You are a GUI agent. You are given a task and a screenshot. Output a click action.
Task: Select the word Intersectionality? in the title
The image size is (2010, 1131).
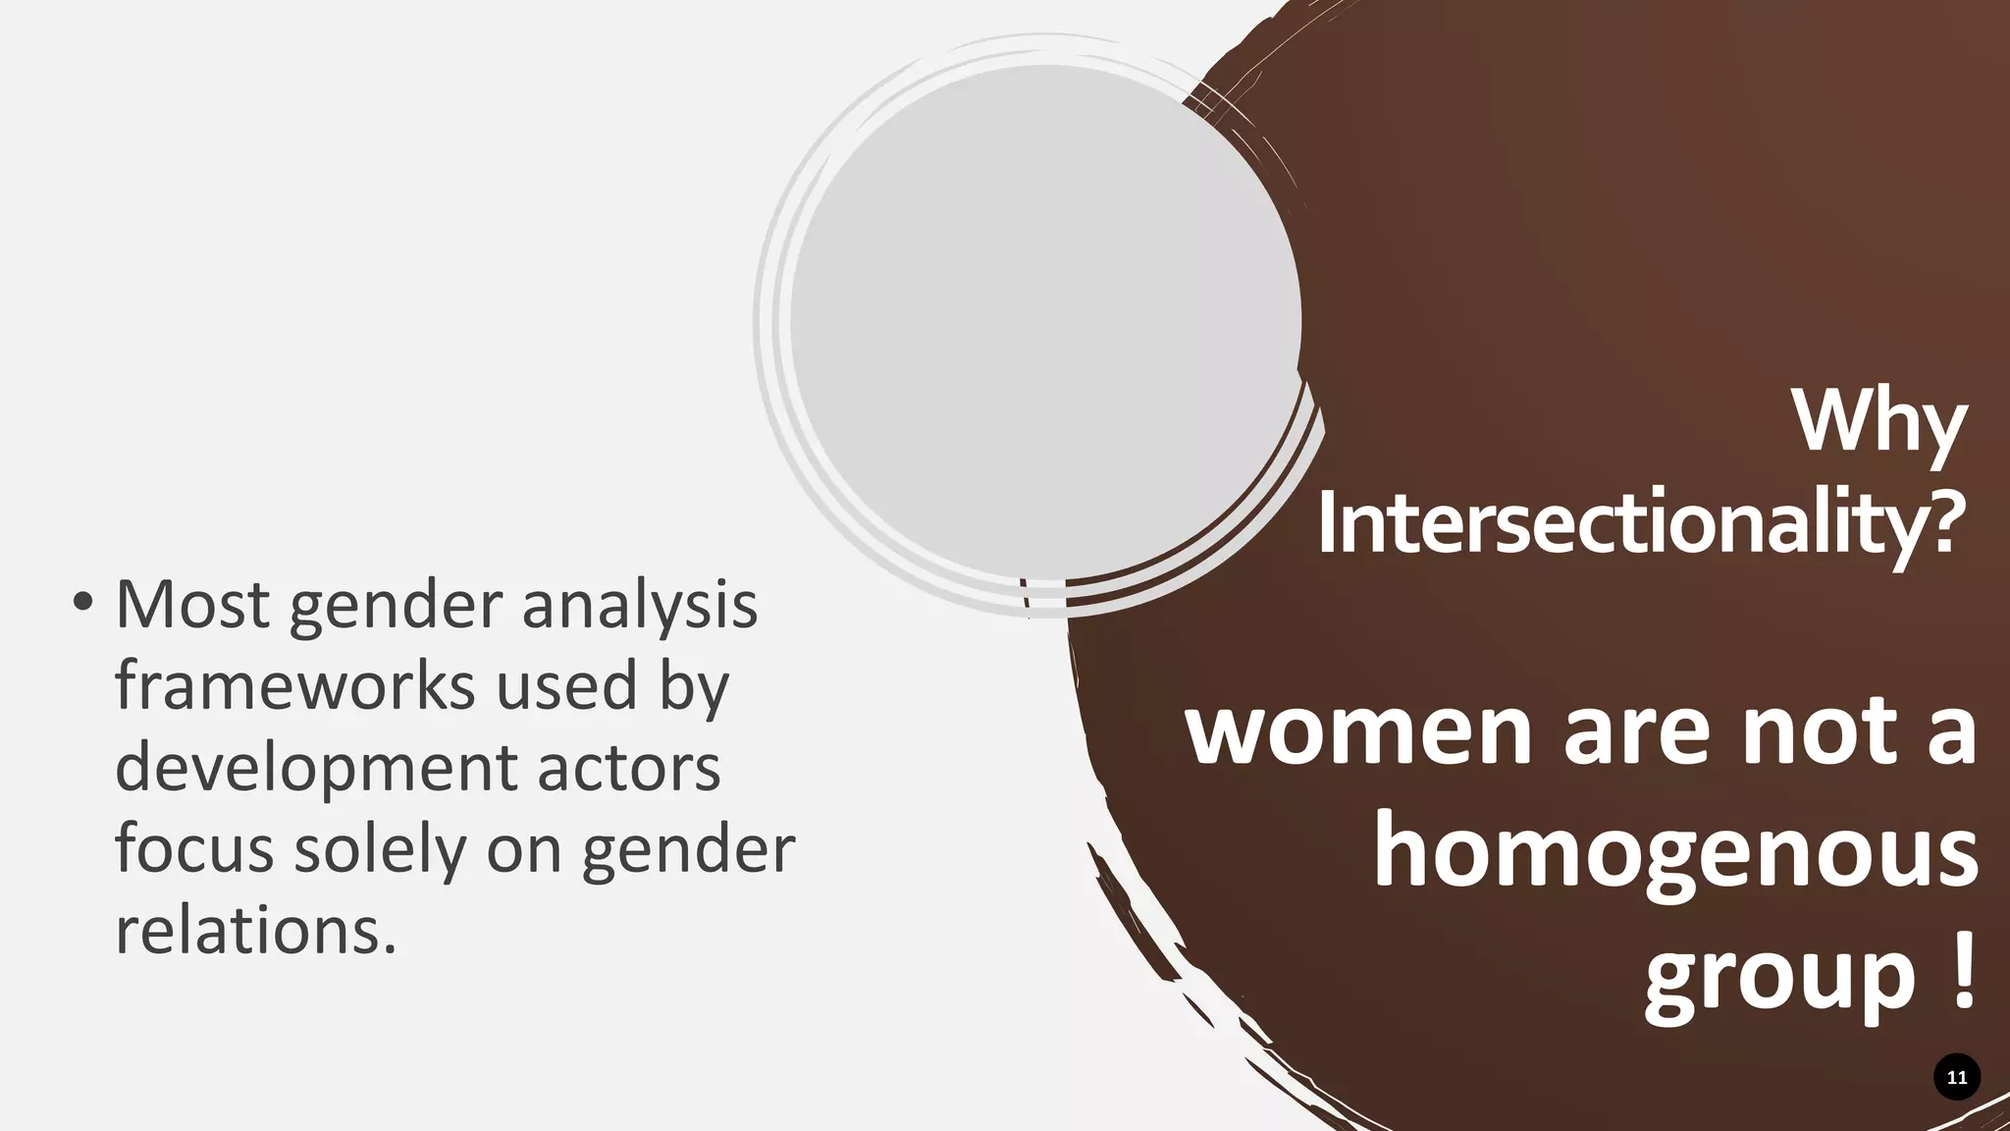(x=1641, y=524)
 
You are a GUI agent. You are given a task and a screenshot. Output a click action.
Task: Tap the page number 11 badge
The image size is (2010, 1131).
(x=1956, y=1077)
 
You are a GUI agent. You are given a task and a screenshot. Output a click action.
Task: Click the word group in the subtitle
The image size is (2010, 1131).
(x=1779, y=977)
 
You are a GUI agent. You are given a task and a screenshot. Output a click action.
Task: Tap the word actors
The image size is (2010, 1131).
(x=628, y=768)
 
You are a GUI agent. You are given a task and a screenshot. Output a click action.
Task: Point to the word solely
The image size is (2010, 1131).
(x=379, y=850)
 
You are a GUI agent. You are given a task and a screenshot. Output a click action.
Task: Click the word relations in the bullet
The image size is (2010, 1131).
(x=255, y=931)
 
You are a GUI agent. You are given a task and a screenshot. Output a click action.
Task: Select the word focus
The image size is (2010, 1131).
(x=193, y=850)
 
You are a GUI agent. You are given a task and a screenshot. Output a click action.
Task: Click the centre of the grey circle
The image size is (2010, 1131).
(x=1045, y=322)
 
